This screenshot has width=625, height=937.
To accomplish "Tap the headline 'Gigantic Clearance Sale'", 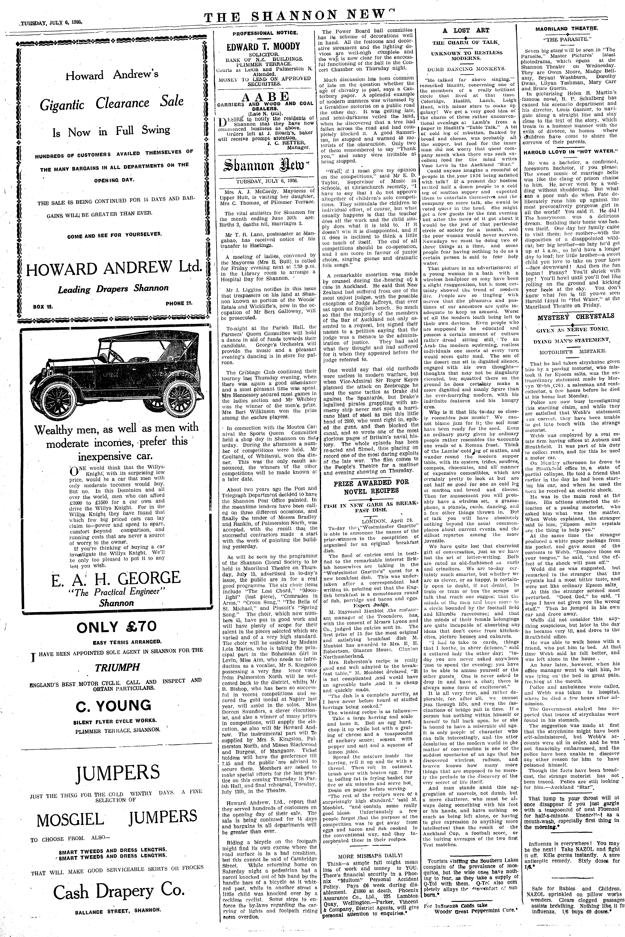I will point(112,103).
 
